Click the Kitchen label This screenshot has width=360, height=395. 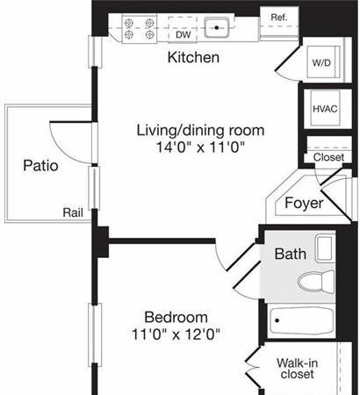click(193, 57)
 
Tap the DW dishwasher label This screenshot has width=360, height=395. click(184, 35)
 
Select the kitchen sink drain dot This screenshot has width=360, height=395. click(217, 28)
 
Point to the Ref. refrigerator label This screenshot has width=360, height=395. click(279, 18)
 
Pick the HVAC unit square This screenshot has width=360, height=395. click(325, 108)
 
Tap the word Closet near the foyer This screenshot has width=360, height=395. click(328, 157)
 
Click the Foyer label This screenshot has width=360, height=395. click(304, 203)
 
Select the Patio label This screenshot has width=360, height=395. click(40, 166)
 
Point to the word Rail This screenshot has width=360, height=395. click(73, 212)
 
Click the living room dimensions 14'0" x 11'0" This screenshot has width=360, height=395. click(200, 147)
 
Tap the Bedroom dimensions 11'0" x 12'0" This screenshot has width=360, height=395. click(176, 334)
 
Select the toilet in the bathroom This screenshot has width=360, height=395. click(315, 282)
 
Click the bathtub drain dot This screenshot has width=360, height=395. click(277, 320)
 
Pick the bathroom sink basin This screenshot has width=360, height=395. click(325, 248)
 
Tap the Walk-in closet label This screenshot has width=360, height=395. click(297, 369)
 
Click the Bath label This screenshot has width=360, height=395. click(291, 254)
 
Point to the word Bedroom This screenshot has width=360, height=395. click(176, 317)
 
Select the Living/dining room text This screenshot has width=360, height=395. click(200, 131)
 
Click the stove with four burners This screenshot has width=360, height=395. click(140, 29)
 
